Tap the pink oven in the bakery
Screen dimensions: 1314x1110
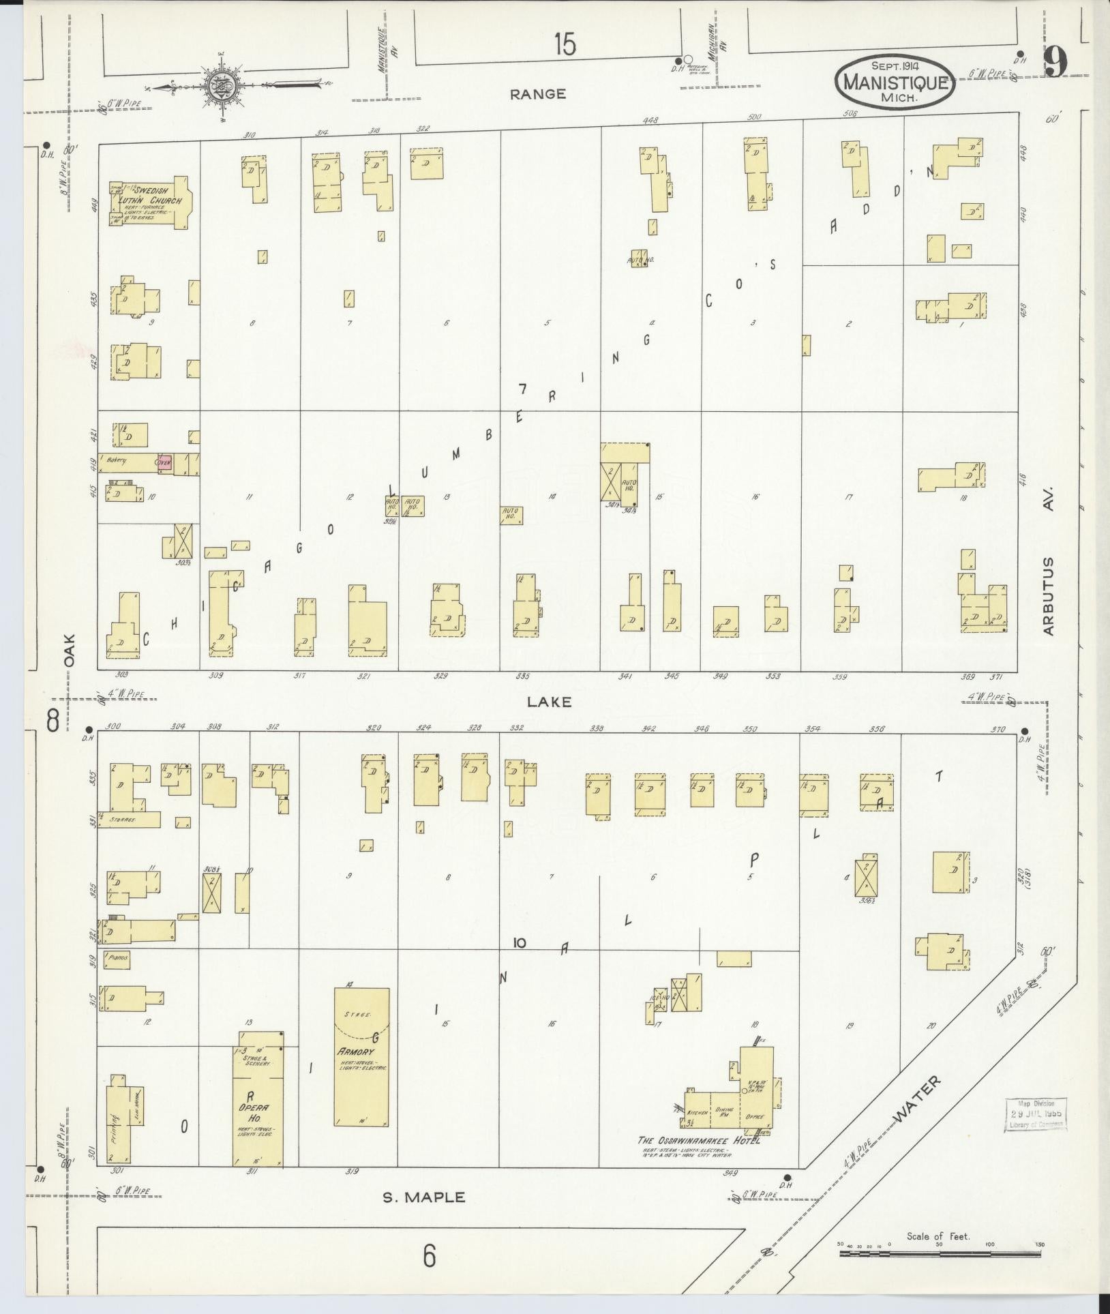164,462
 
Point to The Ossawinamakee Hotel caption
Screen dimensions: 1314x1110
698,1140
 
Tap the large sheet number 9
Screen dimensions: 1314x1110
1055,64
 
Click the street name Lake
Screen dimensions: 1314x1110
548,701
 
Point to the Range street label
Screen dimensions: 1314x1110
538,94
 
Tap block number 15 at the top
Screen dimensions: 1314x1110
565,45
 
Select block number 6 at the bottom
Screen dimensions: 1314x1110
428,1255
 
